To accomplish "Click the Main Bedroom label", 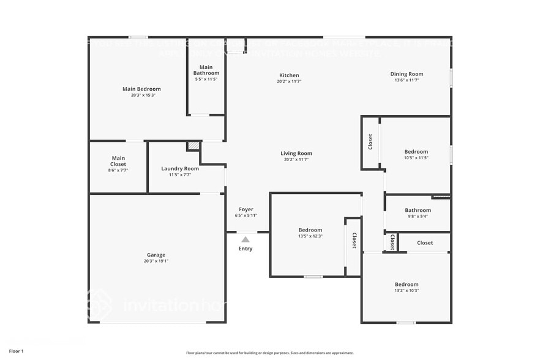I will coord(141,89).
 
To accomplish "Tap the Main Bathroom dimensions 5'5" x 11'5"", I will coord(206,79).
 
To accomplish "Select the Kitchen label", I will coord(289,75).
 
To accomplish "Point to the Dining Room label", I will coord(407,74).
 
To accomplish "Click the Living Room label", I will coord(296,154).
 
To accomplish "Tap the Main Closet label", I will coord(118,161).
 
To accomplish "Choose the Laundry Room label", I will coord(180,169).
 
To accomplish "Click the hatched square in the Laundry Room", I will coord(193,146).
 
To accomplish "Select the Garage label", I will coord(156,255).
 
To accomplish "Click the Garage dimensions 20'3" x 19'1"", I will coord(156,261).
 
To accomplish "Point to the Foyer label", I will coord(246,210).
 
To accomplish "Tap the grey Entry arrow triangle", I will coord(246,239).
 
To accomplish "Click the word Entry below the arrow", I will coord(246,249).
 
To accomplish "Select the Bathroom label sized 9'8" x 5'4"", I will coord(418,211).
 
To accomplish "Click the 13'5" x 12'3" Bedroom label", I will coord(310,230).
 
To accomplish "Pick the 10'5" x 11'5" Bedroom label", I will coord(416,152).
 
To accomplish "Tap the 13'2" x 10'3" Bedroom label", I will coord(407,285).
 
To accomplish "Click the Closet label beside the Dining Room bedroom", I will coord(370,141).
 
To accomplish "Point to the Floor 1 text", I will coord(17,351).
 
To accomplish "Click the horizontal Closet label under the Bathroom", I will coord(425,243).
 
